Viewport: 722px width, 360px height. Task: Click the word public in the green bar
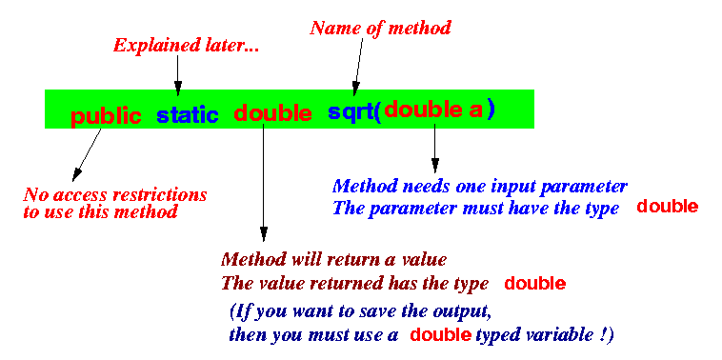(x=106, y=116)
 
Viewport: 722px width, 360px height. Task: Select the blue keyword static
(x=187, y=116)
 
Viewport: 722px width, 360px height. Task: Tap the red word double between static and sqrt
(x=272, y=114)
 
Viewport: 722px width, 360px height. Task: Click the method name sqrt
(x=350, y=111)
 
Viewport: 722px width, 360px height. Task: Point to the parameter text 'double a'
(x=433, y=110)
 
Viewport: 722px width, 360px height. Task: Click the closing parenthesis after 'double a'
(x=491, y=110)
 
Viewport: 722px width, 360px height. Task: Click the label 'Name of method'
(x=380, y=28)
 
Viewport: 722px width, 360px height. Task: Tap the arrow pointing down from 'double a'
(x=434, y=148)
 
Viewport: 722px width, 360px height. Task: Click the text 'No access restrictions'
(x=114, y=195)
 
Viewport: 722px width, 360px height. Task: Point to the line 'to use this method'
(x=100, y=212)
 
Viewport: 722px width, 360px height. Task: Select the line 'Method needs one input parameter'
(x=479, y=186)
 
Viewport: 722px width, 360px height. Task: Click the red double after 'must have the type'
(x=667, y=207)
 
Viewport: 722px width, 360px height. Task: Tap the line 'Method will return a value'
(x=333, y=260)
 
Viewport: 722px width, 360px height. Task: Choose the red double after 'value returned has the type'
(x=534, y=284)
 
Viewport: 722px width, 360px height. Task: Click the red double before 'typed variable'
(x=441, y=335)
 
